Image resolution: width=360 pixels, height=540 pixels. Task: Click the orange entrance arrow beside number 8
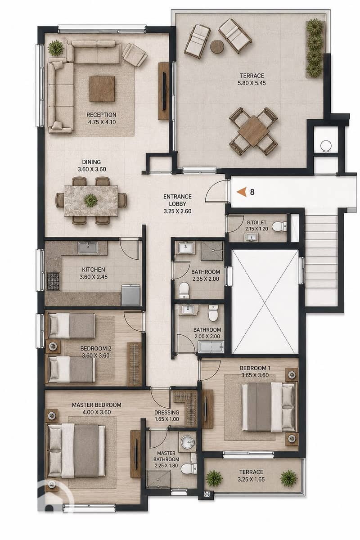coord(242,192)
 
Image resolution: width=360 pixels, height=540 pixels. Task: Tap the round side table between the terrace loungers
coord(217,46)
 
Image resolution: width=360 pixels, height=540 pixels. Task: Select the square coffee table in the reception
coord(102,89)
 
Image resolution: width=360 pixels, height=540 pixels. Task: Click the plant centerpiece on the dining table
coord(90,200)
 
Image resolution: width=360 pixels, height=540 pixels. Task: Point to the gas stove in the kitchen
coord(53,281)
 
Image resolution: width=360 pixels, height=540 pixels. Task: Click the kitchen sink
coord(88,247)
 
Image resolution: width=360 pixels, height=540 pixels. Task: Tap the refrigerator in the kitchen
coord(131,295)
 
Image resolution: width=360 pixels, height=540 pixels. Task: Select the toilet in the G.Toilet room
coord(279,227)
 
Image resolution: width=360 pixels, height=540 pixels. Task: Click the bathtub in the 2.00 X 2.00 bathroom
coord(211,347)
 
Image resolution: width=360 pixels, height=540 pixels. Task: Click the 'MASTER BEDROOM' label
coord(96,405)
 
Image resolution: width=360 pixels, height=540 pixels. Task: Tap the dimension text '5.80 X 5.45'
coord(252,83)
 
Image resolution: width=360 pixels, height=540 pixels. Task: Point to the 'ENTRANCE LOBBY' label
coord(177,200)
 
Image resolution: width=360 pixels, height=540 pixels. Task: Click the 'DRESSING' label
coord(167,413)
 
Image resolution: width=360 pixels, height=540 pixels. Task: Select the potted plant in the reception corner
coord(56,48)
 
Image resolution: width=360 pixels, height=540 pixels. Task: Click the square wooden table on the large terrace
coord(253,131)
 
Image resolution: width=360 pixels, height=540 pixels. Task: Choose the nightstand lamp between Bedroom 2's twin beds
coord(52,346)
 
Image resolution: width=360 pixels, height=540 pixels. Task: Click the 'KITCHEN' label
coord(93,270)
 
